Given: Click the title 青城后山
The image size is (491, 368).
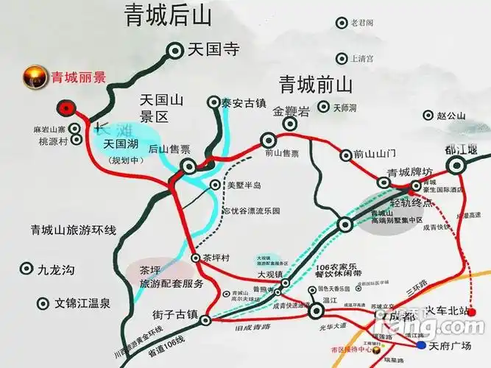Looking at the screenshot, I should click(158, 17).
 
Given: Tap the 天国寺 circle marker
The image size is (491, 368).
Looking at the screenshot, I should click(176, 50).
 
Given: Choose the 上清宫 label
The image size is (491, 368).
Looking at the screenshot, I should click(363, 59).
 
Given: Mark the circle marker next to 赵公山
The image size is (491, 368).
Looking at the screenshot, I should click(428, 116).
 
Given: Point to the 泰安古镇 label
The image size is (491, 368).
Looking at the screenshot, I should click(242, 103).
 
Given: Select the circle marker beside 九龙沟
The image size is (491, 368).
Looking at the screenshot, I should click(27, 270).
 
